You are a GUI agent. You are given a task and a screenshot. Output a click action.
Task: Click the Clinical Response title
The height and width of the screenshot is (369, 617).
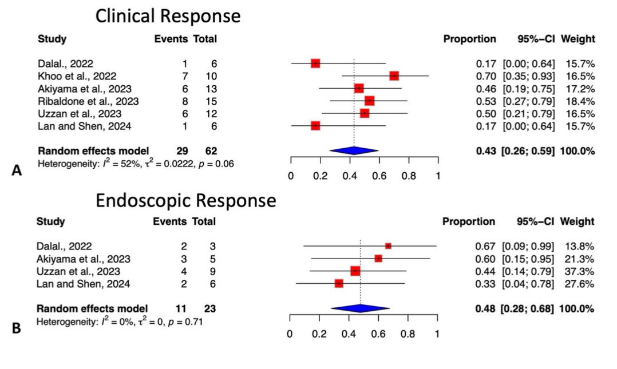(168, 16)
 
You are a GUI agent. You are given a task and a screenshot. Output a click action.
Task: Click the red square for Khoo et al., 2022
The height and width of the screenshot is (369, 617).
(394, 76)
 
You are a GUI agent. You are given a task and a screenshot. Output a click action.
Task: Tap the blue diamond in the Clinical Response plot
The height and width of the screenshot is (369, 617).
(354, 150)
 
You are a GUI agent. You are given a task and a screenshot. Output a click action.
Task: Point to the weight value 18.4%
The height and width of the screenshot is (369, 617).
(581, 101)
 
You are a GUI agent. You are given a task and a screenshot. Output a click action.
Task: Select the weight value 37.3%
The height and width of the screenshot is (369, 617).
(581, 271)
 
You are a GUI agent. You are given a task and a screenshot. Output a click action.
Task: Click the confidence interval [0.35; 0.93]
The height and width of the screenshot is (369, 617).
(528, 76)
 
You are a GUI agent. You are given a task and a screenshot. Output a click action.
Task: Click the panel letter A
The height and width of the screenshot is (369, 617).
(18, 170)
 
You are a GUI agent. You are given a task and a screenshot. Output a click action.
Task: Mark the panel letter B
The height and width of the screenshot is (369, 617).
(18, 328)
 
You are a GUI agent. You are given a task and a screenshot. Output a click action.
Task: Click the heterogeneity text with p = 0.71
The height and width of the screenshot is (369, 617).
(119, 322)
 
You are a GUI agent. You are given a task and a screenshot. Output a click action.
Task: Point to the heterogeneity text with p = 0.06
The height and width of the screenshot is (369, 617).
(135, 164)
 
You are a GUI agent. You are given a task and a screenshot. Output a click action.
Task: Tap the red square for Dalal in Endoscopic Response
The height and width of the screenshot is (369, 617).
(388, 245)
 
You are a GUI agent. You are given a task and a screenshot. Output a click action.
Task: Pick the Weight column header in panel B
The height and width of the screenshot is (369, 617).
(578, 221)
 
